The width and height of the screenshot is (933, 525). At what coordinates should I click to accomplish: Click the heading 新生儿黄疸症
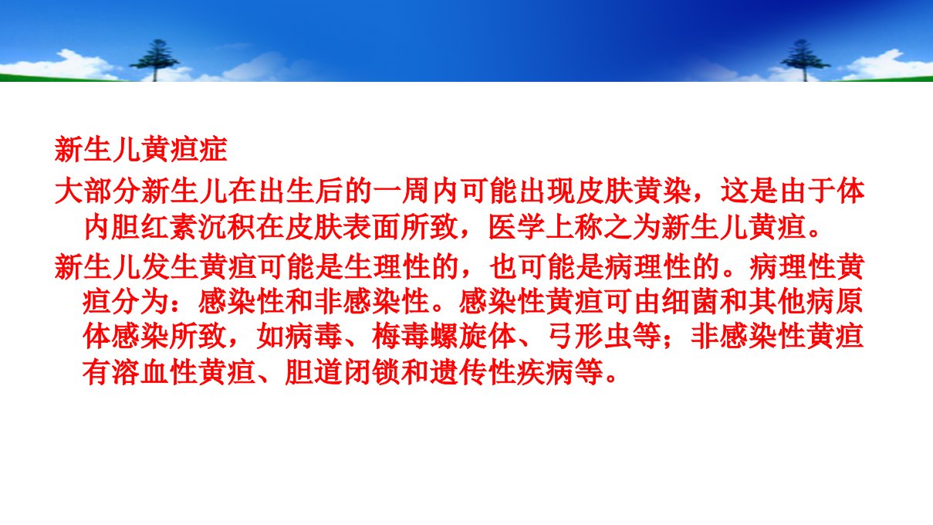(140, 149)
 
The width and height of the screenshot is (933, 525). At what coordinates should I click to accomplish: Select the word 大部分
(97, 191)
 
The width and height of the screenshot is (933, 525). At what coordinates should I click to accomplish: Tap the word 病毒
(314, 337)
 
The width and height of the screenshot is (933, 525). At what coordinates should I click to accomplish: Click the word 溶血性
(155, 371)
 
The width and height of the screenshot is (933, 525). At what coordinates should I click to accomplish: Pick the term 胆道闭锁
(343, 371)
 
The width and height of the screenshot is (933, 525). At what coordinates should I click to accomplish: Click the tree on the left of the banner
(155, 59)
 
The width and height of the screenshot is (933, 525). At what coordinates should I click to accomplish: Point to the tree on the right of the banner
(805, 59)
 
